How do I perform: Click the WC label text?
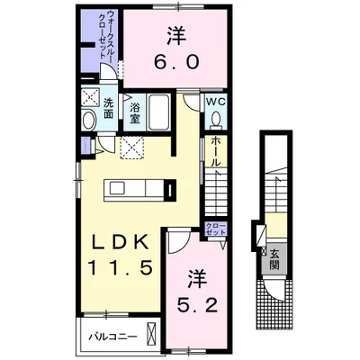pos(216,102)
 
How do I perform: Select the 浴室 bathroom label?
pos(134,113)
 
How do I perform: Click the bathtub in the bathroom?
pos(158,112)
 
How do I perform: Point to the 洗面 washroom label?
pos(108,108)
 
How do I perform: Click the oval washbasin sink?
pos(89,121)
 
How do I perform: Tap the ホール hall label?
pos(215,151)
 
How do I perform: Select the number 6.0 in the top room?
pos(176,62)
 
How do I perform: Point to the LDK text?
pos(121,242)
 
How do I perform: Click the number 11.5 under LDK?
pos(121,268)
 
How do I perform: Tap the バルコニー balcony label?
pos(112,337)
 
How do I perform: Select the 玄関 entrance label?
pos(274,259)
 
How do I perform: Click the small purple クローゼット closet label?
pos(216,229)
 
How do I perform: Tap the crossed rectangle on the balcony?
pos(152,335)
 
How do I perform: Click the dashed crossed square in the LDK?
pos(132,147)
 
